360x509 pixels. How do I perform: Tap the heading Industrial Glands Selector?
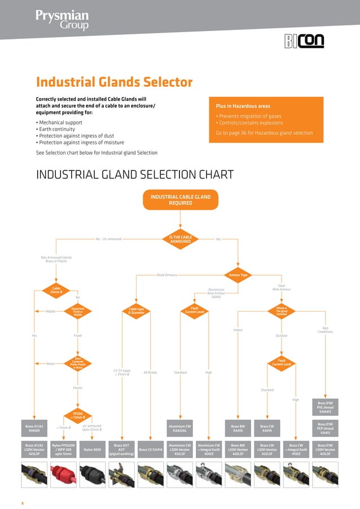tap(114, 82)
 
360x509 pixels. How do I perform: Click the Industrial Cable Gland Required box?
tap(180, 200)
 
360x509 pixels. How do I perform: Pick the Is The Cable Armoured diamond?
tap(180, 239)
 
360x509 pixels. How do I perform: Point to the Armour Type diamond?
tap(239, 275)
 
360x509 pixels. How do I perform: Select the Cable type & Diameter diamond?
tap(137, 310)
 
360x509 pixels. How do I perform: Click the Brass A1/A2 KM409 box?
tap(36, 427)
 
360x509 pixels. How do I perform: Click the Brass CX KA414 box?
tap(151, 450)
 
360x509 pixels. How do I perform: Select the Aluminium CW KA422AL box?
tap(180, 427)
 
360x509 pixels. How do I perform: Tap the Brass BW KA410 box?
tap(238, 427)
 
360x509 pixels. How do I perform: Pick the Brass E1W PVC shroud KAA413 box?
tap(326, 407)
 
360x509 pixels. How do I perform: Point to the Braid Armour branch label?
tap(166, 275)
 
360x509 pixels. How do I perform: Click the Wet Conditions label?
tap(325, 330)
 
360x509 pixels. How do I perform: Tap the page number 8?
tap(23, 500)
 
